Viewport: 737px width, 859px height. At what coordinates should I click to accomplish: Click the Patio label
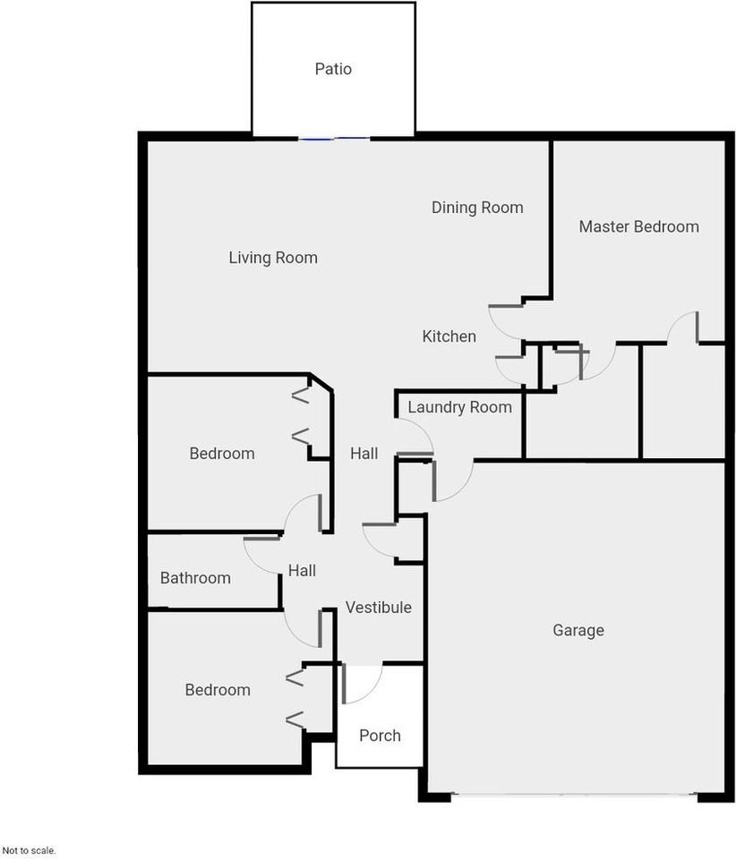coord(333,69)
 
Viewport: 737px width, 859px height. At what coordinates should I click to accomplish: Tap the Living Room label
coord(273,258)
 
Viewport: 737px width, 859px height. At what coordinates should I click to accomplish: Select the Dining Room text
coord(477,208)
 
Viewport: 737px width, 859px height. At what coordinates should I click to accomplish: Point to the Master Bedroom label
coord(638,226)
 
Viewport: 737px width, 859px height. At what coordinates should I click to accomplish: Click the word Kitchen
coord(450,336)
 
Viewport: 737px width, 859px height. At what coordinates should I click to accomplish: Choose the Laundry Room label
coord(459,407)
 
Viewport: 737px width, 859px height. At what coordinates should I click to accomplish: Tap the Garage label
coord(578,630)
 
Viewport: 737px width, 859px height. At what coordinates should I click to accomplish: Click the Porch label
coord(380,736)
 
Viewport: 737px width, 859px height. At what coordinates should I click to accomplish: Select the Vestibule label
coord(379,608)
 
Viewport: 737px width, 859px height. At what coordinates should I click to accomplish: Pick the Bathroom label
coord(195,578)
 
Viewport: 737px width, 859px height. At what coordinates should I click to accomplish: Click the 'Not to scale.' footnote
coord(29,850)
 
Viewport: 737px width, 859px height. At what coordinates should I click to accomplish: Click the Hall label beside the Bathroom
coord(302,570)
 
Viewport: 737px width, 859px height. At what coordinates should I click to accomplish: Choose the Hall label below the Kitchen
coord(364,454)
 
